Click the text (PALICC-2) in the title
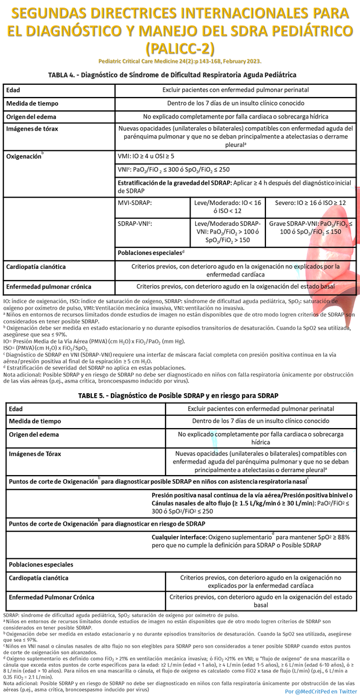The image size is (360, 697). point(179,47)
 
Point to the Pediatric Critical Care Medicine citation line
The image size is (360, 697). point(179,61)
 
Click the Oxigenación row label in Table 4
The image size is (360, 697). point(24,157)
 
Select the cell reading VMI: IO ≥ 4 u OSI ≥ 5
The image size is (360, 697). point(146,156)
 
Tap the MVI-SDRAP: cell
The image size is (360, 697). point(135,203)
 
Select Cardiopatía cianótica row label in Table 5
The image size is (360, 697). point(38,578)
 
